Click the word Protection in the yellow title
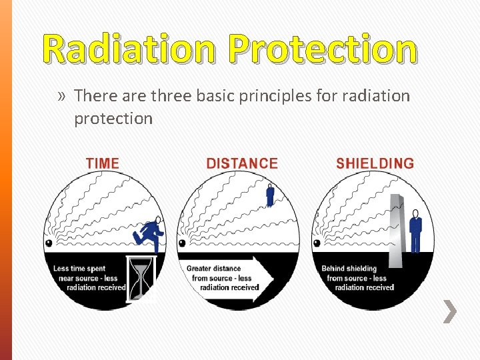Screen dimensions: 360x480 322,50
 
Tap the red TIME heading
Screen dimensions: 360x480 103,163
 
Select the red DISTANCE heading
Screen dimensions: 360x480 242,163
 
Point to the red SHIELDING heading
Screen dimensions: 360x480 375,163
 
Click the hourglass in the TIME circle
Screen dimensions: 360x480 141,278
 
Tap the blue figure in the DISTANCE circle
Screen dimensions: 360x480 270,194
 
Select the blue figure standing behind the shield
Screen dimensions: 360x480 415,231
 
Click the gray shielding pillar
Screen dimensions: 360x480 397,230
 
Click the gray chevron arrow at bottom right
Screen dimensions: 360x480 451,311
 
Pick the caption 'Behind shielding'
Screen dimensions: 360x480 349,269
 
